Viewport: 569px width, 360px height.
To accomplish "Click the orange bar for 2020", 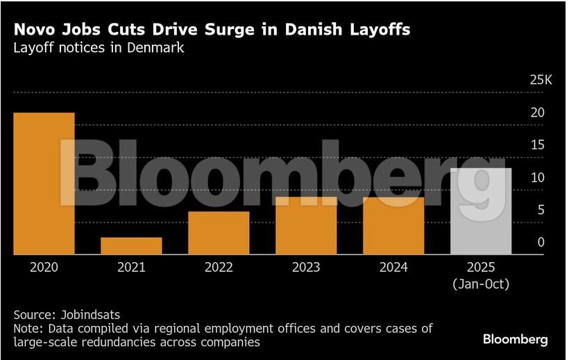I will (44, 184).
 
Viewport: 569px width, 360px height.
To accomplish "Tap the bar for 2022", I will (219, 233).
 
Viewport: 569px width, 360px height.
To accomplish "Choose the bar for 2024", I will (393, 226).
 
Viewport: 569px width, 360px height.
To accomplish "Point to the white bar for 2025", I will (481, 212).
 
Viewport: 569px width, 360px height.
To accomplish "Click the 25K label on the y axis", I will (540, 80).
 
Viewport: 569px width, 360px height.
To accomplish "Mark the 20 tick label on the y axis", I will (537, 112).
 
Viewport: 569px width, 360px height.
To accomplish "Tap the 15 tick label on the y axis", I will (537, 145).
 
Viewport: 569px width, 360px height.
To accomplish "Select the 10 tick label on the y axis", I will (537, 178).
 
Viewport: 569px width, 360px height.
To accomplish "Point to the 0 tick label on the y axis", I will (541, 242).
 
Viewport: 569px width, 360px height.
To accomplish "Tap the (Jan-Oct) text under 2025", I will (481, 284).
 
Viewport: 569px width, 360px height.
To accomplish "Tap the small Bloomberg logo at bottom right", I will (515, 340).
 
